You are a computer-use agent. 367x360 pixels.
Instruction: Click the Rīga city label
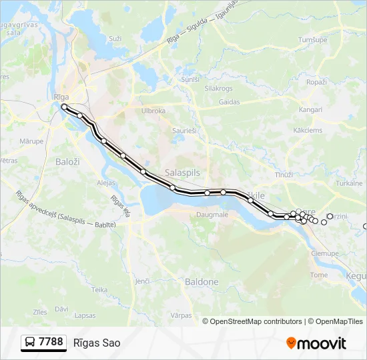pyautogui.click(x=62, y=97)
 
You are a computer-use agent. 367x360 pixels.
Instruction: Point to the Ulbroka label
pyautogui.click(x=153, y=111)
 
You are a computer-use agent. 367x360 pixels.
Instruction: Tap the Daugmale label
pyautogui.click(x=212, y=215)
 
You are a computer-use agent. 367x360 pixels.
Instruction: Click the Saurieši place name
pyautogui.click(x=183, y=131)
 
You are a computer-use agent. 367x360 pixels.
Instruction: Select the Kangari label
pyautogui.click(x=311, y=109)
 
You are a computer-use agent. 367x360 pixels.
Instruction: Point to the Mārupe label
pyautogui.click(x=31, y=141)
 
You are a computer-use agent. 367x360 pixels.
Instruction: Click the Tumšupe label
pyautogui.click(x=312, y=40)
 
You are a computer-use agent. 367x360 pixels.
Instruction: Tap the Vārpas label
pyautogui.click(x=181, y=315)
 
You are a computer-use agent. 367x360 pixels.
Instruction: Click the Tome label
pyautogui.click(x=319, y=275)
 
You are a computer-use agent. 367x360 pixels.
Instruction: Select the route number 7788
pyautogui.click(x=51, y=342)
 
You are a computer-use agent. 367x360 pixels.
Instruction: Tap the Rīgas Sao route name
pyautogui.click(x=97, y=343)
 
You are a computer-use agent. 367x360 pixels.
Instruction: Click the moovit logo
pyautogui.click(x=316, y=343)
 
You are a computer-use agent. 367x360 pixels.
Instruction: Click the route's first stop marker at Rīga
pyautogui.click(x=64, y=107)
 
